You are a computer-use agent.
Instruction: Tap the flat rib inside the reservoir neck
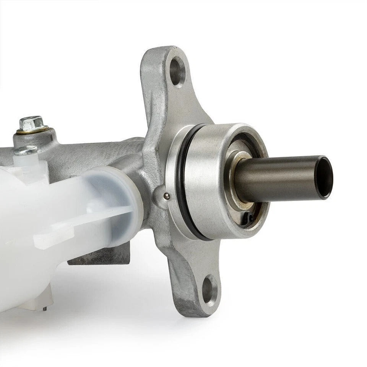[96, 218]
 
